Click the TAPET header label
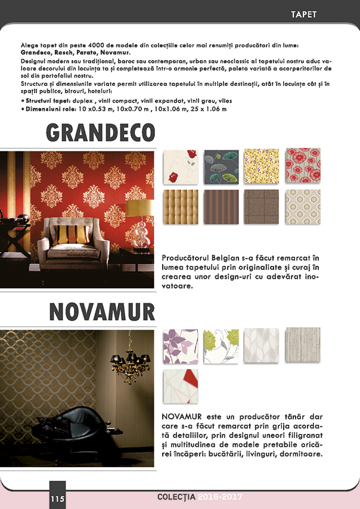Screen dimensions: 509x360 pos(303,14)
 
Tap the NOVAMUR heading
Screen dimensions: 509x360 pos(102,311)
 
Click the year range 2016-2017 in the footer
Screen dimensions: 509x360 pos(221,496)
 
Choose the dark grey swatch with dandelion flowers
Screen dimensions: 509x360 pos(221,166)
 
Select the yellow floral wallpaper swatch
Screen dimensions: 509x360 pos(262,166)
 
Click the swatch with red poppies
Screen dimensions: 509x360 pos(303,166)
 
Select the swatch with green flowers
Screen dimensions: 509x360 pos(221,345)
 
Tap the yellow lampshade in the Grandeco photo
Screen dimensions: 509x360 pos(138,208)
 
